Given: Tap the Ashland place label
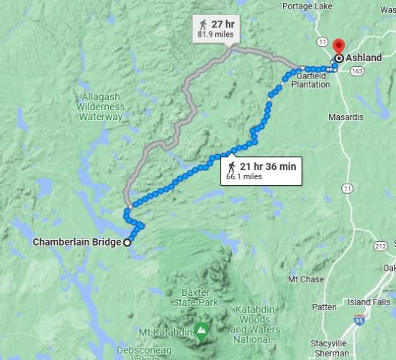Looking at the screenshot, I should pos(364,58).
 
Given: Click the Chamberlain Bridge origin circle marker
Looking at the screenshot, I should pos(127,243).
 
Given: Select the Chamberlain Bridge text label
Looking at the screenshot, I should pos(76,243).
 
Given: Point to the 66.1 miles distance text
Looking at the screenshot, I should pos(244,176).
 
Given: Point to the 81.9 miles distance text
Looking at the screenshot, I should pos(215,34).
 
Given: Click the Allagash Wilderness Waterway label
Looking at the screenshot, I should pos(101,106).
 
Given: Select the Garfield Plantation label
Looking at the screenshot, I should pos(311,80).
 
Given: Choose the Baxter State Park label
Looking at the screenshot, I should pos(198,298).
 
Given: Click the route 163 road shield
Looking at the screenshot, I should pos(356,71).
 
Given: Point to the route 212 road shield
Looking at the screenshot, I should pos(379,247).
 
